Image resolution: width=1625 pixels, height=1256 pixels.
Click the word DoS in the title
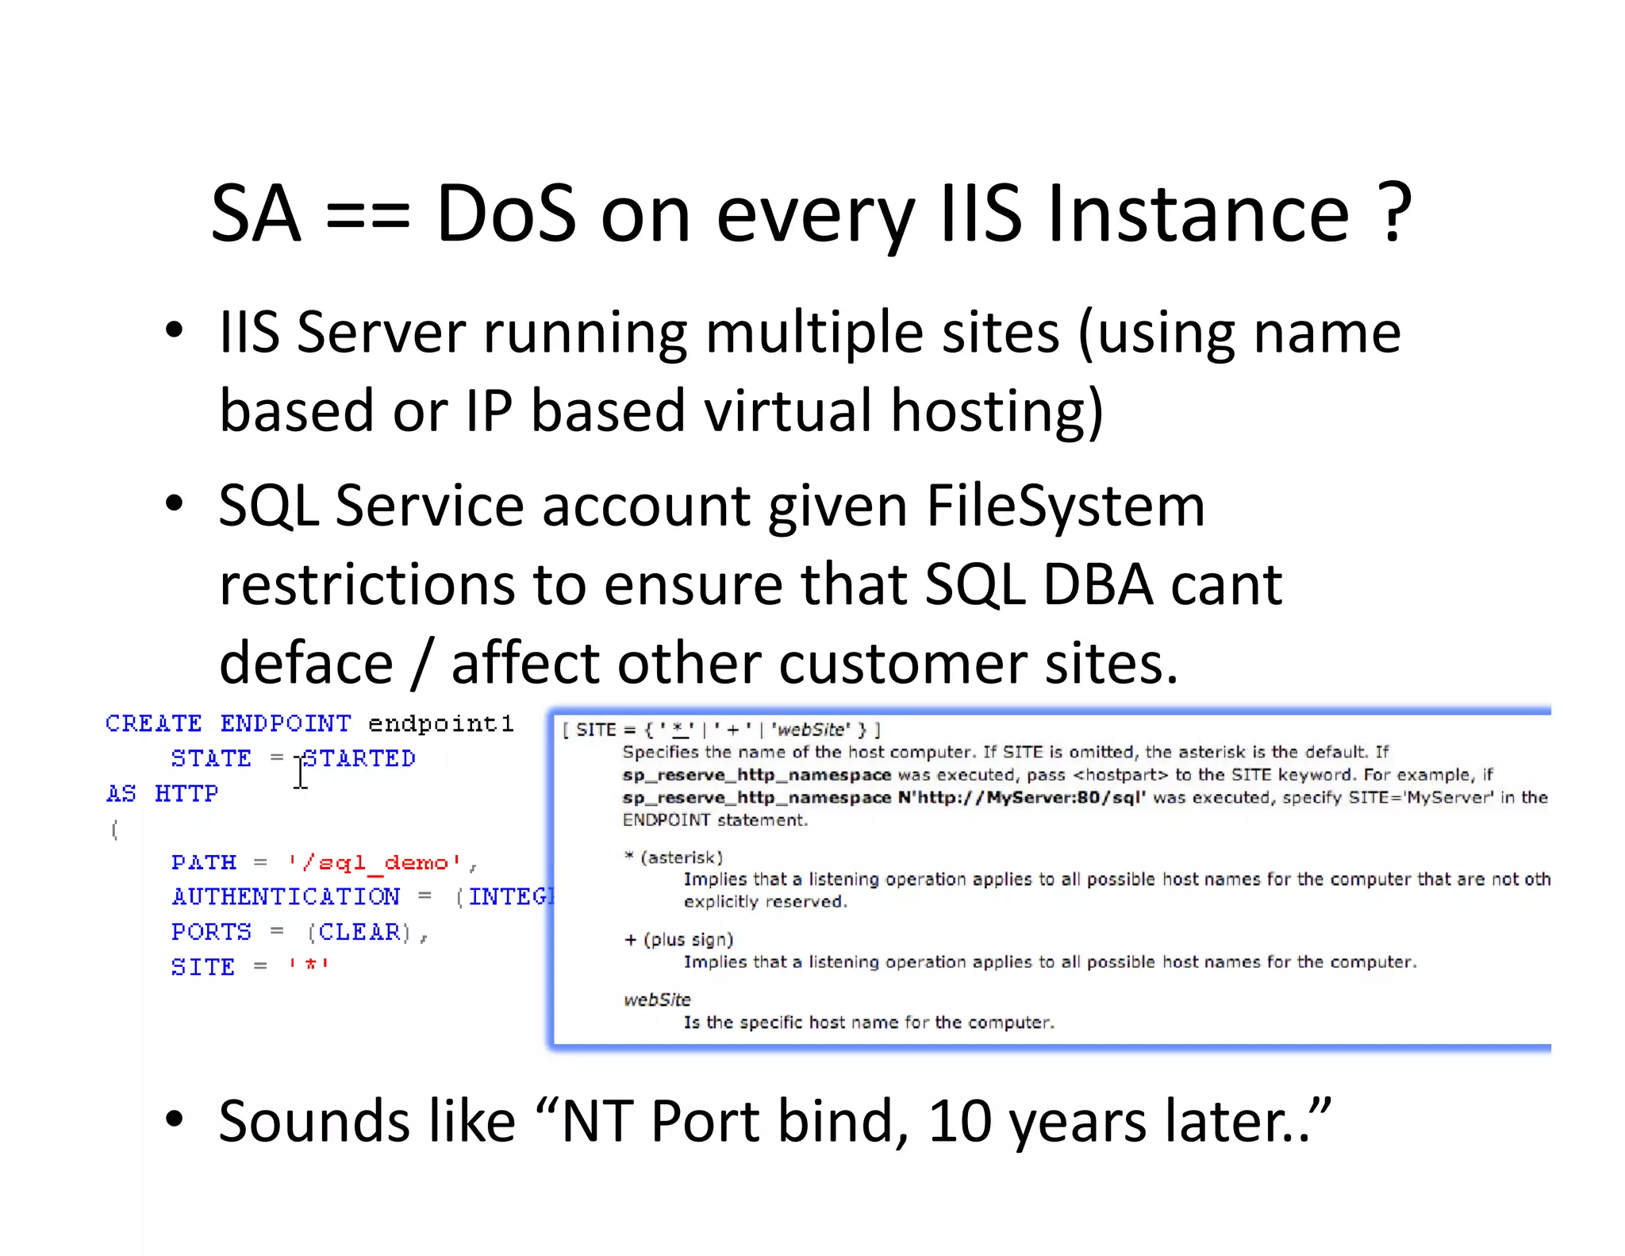[505, 214]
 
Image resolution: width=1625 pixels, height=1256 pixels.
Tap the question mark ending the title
[1395, 214]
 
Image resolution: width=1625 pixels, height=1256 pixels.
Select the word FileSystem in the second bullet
[1065, 506]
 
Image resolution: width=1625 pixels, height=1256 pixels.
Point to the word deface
[305, 664]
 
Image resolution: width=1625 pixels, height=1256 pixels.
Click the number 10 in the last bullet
[958, 1121]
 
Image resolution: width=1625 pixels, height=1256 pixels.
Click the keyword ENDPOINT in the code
[285, 724]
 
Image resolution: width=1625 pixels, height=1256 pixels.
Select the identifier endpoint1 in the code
[440, 724]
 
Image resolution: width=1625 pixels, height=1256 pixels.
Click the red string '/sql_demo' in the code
[375, 863]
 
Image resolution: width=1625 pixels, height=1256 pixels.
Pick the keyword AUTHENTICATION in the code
[286, 897]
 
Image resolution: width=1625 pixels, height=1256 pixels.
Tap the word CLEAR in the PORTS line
[359, 932]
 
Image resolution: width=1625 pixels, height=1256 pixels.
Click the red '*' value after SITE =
[309, 966]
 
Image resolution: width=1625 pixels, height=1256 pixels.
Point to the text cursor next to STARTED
[301, 772]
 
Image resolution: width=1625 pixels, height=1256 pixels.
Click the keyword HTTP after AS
[186, 794]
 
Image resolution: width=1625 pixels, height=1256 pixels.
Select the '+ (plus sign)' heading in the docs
[678, 940]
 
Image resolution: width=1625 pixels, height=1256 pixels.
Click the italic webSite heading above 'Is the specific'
[657, 1000]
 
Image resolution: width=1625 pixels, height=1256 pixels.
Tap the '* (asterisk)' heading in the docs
[673, 857]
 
